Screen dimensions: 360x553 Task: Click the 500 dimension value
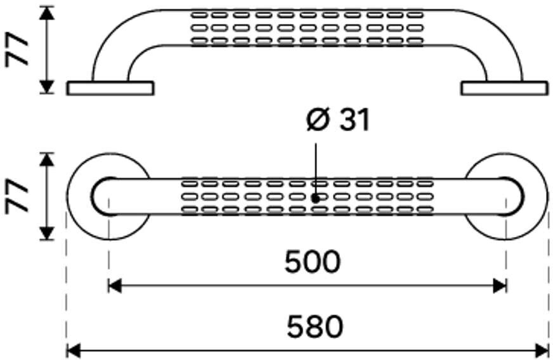pos(312,262)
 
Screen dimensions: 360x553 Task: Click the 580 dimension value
pos(314,327)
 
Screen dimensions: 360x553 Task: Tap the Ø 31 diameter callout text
pos(337,120)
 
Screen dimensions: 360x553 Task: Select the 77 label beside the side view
pos(18,50)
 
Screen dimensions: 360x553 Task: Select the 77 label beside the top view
pos(18,196)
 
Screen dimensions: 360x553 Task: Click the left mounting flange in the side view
pos(110,88)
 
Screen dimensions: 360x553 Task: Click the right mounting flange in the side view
pos(505,88)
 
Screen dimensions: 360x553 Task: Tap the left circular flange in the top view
pos(82,196)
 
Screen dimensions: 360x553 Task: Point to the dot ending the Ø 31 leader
pos(315,198)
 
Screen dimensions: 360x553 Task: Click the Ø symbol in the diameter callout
pos(316,120)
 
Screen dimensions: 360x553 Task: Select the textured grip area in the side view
pos(307,28)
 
